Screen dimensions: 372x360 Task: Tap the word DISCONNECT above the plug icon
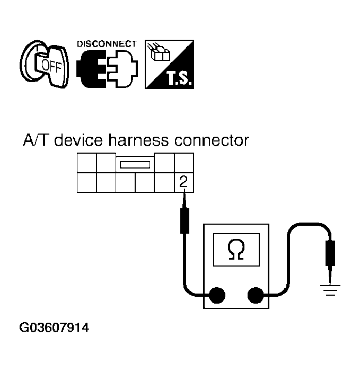tap(107, 43)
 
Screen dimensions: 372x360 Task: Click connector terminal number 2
tap(183, 182)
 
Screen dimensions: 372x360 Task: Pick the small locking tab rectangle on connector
tap(136, 165)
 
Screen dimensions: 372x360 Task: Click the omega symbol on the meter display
tap(235, 250)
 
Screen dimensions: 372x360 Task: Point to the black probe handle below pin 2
tap(185, 221)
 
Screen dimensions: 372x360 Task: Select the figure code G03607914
tap(54, 328)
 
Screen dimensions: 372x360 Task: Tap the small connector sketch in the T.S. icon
tap(158, 54)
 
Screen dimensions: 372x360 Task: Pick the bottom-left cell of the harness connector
tap(86, 182)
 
